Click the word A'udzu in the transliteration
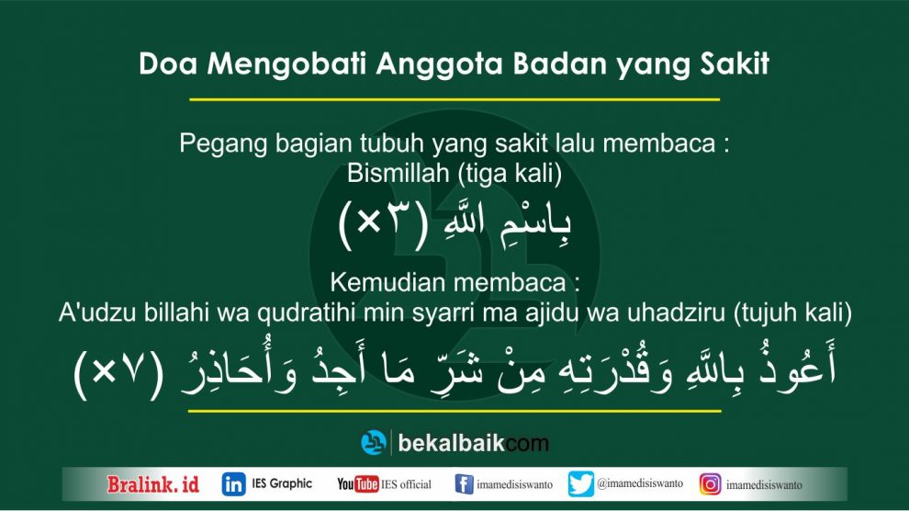point(97,313)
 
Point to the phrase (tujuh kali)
point(792,313)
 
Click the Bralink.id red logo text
point(153,484)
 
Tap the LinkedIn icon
point(233,484)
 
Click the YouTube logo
point(358,483)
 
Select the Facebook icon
point(464,484)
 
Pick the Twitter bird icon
point(581,484)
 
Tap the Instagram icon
point(710,484)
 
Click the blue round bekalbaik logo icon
point(374,443)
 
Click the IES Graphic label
point(282,483)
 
